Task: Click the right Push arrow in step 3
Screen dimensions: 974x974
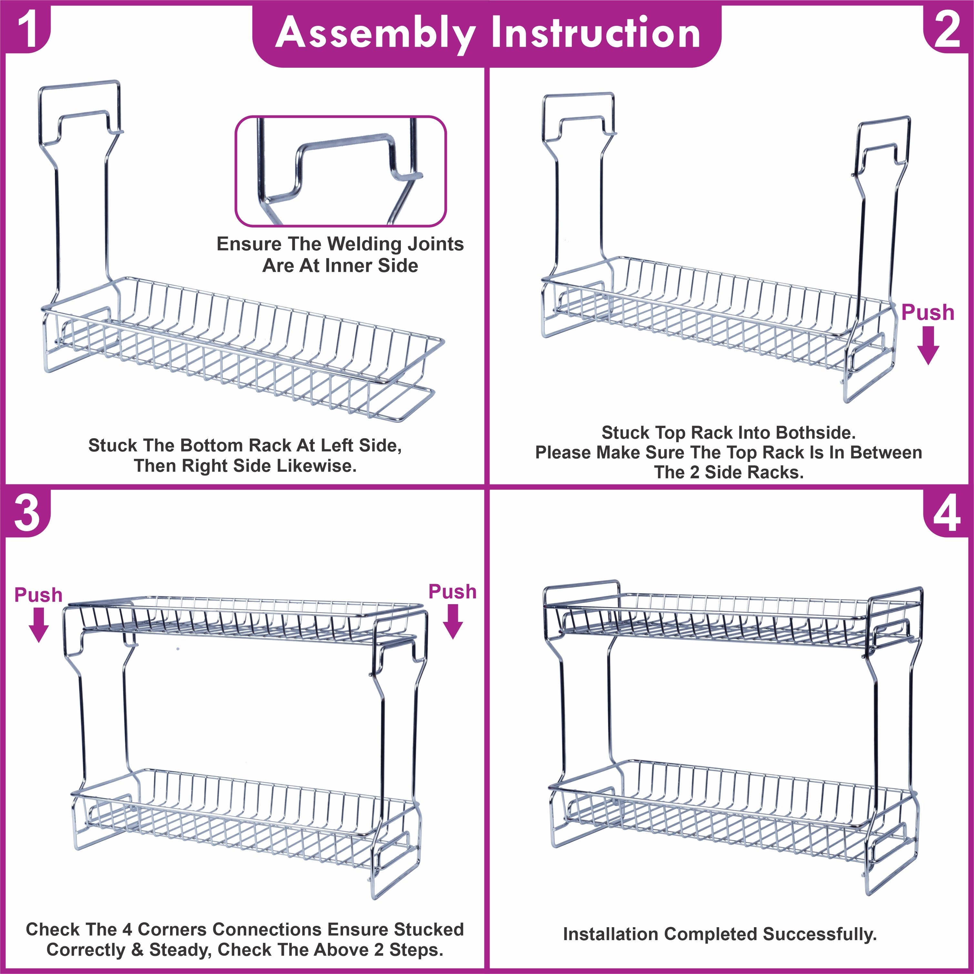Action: tap(453, 621)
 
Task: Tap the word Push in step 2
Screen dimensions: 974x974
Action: tap(928, 313)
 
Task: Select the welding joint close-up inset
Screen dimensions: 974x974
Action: tap(341, 171)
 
